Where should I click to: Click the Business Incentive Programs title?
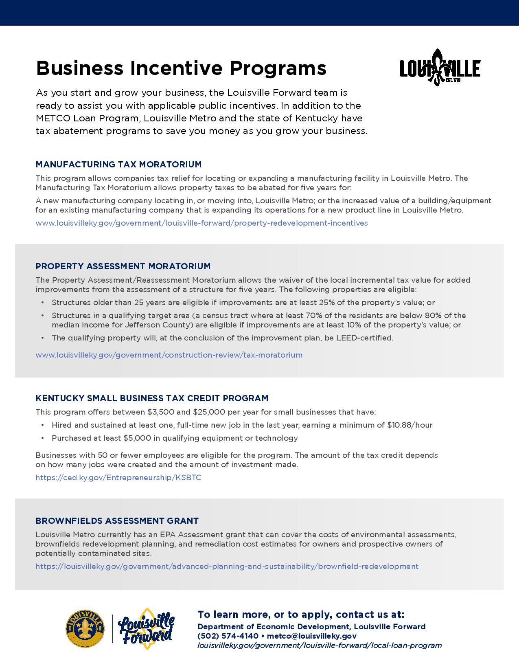click(181, 68)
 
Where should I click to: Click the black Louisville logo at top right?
click(440, 68)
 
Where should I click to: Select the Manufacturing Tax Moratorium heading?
click(118, 165)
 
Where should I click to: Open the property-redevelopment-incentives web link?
click(201, 223)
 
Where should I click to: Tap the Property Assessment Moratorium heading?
click(123, 266)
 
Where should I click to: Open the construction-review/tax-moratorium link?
click(169, 355)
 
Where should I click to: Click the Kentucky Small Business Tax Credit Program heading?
click(152, 398)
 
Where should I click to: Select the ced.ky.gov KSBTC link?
click(118, 478)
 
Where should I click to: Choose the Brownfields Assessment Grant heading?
click(117, 521)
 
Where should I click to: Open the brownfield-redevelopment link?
click(227, 567)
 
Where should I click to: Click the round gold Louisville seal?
click(85, 629)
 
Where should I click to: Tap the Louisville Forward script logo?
click(147, 629)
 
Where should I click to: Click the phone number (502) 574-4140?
click(228, 636)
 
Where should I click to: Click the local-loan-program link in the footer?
click(320, 646)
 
